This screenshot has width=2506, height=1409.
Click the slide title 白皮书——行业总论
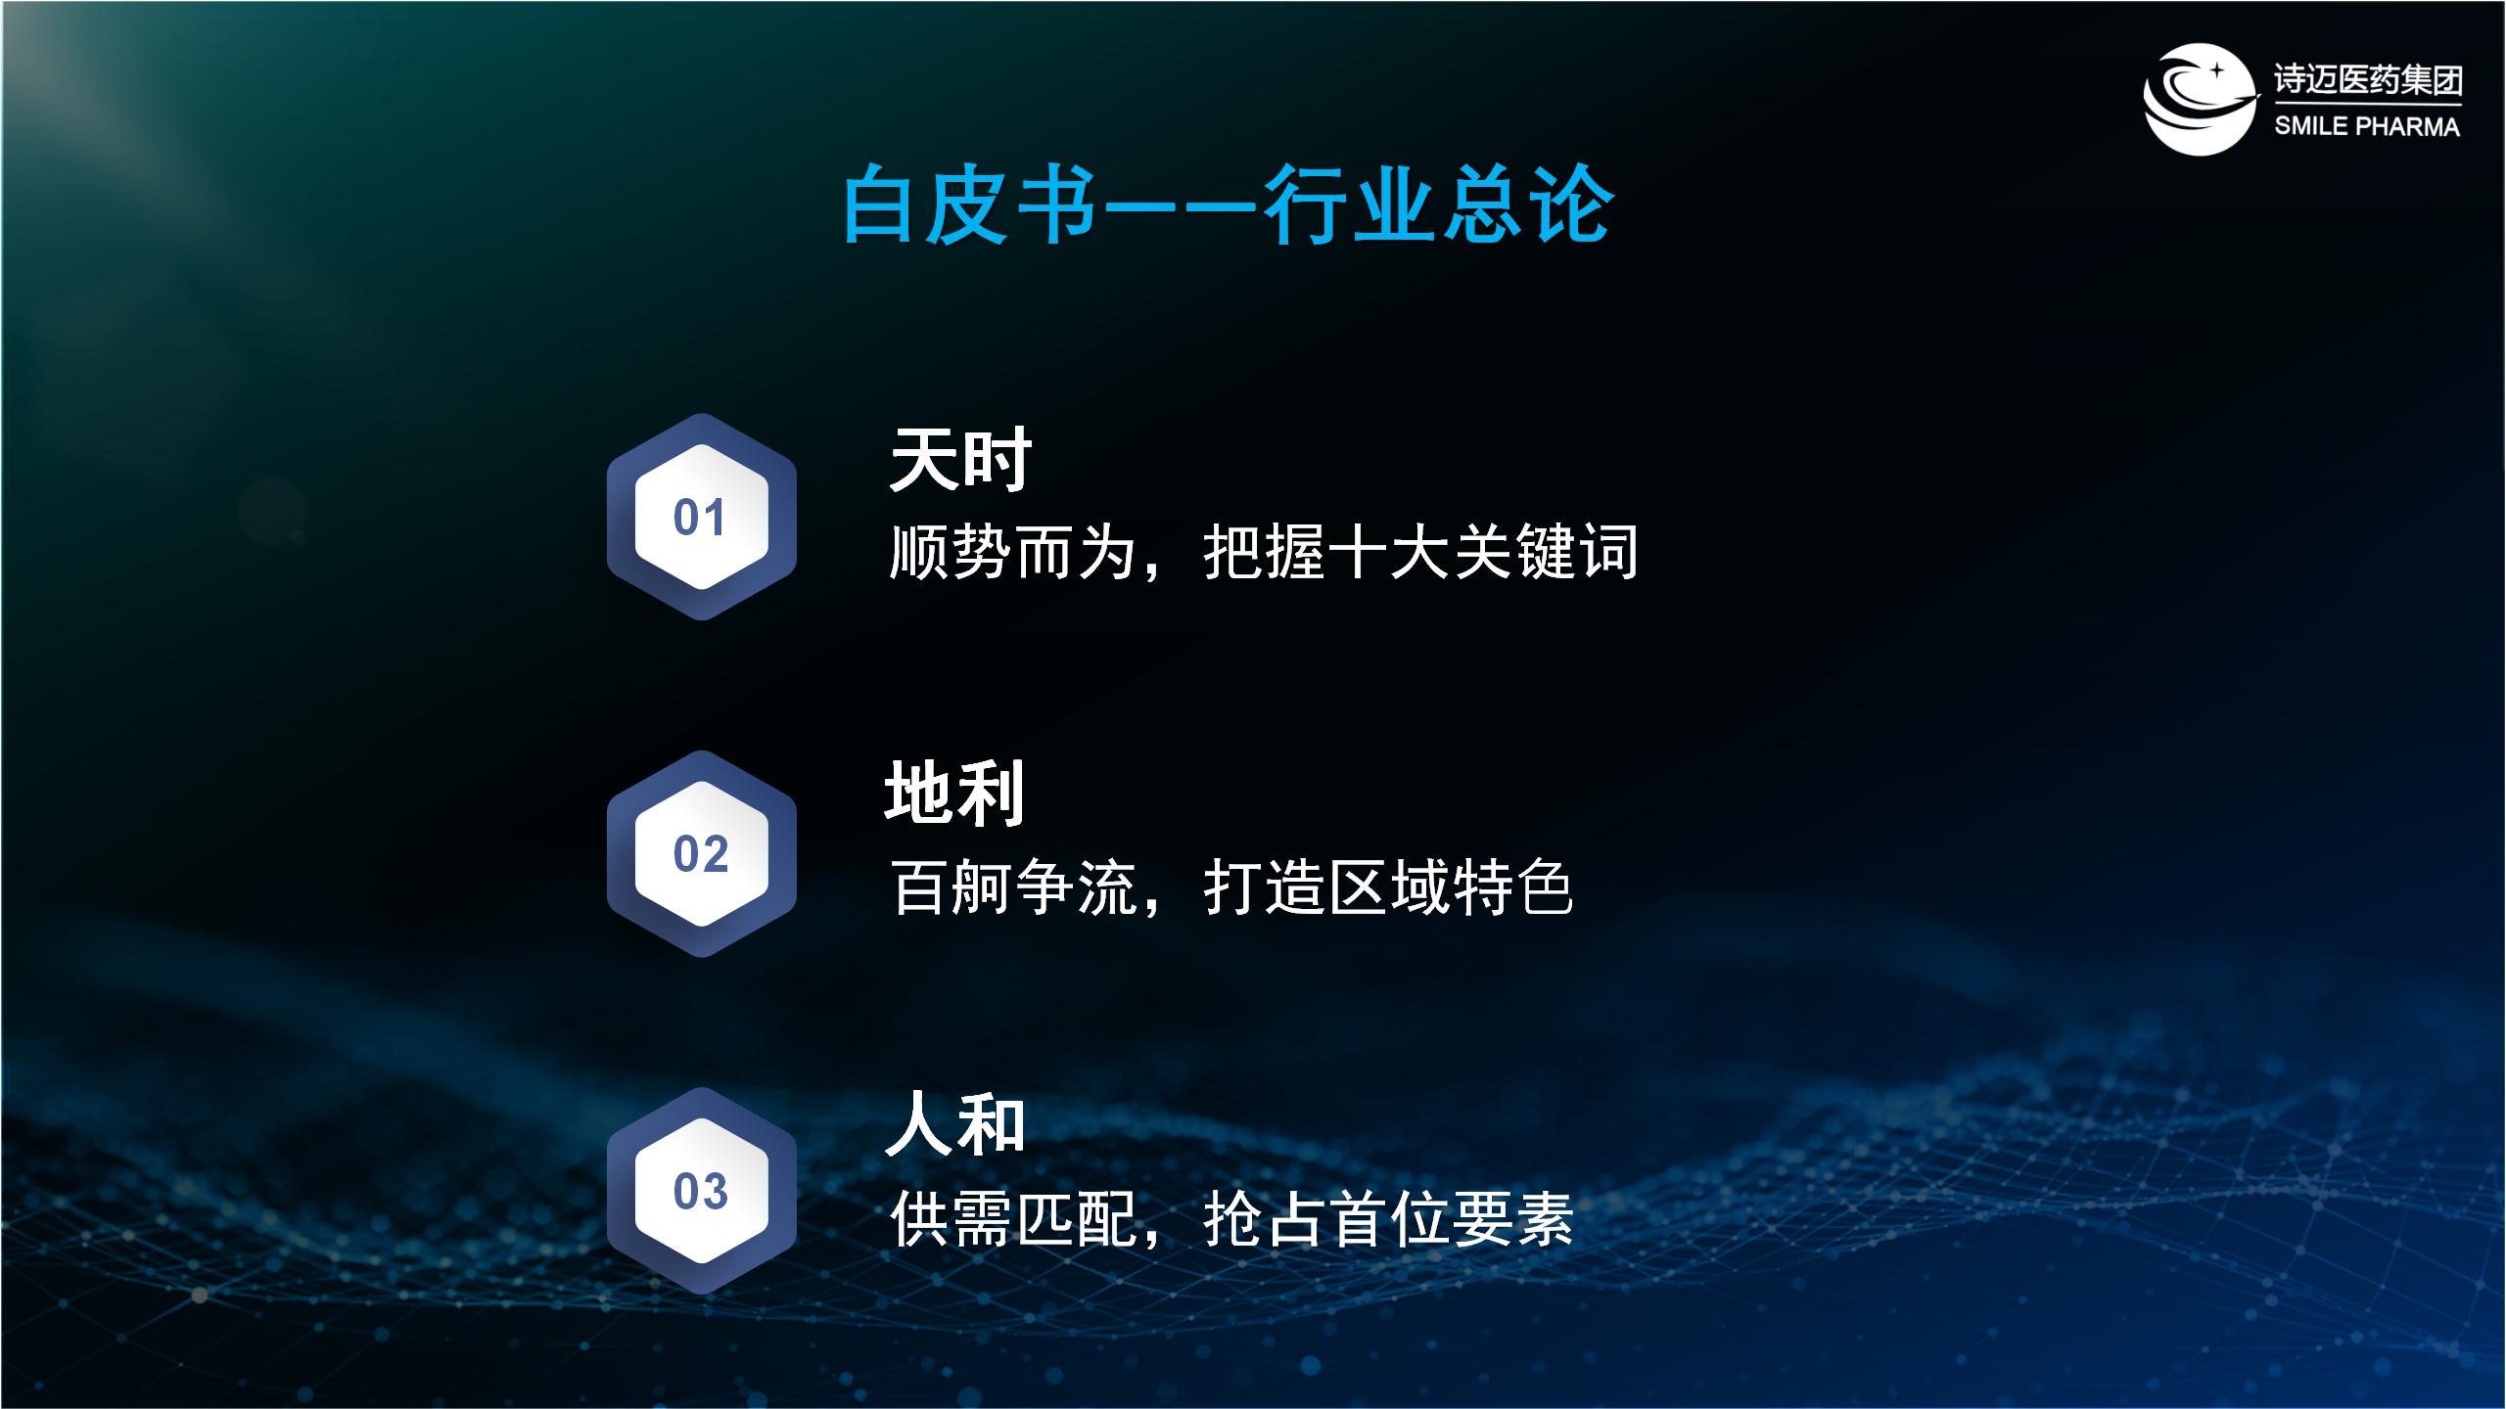pyautogui.click(x=1228, y=205)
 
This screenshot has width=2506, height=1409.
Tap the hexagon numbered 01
pyautogui.click(x=701, y=517)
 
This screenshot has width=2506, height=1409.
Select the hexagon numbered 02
pyautogui.click(x=701, y=853)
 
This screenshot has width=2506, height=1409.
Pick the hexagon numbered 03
pyautogui.click(x=701, y=1191)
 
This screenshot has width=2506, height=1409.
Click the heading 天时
pyautogui.click(x=960, y=459)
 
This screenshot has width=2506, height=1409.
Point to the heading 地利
pyautogui.click(x=954, y=793)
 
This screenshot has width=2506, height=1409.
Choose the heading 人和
pyautogui.click(x=954, y=1125)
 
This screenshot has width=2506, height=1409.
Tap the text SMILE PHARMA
pyautogui.click(x=2366, y=126)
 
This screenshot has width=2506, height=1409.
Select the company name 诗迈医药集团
pyautogui.click(x=2367, y=79)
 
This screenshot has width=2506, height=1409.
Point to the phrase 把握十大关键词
pyautogui.click(x=1420, y=552)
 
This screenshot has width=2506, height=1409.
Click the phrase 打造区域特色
pyautogui.click(x=1388, y=886)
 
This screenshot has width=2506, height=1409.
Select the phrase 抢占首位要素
pyautogui.click(x=1388, y=1219)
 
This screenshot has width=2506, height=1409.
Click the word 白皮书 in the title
pyautogui.click(x=969, y=205)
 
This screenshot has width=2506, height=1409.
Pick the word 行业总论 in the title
pyautogui.click(x=1438, y=205)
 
